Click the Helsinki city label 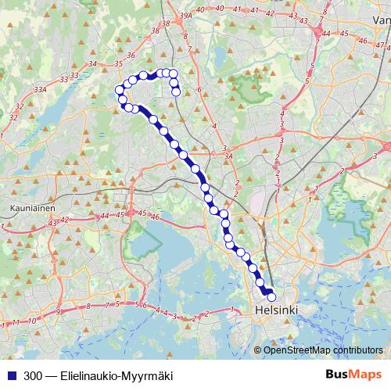(276, 310)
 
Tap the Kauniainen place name (30, 209)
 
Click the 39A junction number (185, 16)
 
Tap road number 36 (131, 56)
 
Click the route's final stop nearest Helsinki (272, 297)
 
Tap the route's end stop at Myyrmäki (176, 91)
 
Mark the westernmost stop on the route (120, 90)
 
